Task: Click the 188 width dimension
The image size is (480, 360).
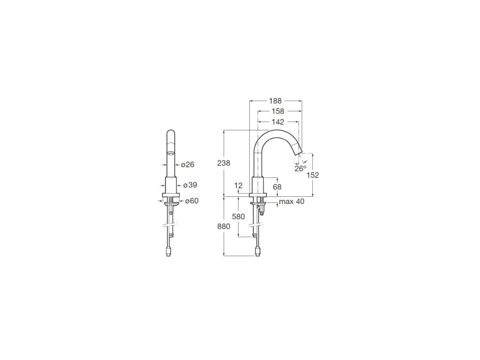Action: (x=275, y=100)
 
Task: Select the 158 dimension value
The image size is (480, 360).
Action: (x=278, y=111)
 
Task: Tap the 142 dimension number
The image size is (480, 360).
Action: (x=278, y=122)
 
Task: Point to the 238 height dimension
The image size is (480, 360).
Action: (x=224, y=163)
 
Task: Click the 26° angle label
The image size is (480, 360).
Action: (x=300, y=169)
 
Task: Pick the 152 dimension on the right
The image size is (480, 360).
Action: (x=312, y=175)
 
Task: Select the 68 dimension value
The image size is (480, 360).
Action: (x=277, y=187)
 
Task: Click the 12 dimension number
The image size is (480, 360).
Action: (x=239, y=186)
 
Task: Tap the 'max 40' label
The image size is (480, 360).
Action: (x=291, y=202)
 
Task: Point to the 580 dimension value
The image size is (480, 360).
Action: (x=239, y=217)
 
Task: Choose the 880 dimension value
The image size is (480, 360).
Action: (x=224, y=226)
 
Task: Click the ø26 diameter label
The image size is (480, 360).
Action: (x=187, y=165)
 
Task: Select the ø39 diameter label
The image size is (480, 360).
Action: (x=190, y=185)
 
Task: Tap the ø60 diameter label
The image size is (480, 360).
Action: (x=191, y=201)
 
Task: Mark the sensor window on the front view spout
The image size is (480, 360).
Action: (x=171, y=154)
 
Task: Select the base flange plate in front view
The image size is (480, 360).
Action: (x=171, y=196)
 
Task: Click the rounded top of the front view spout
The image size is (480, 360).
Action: (x=171, y=133)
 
